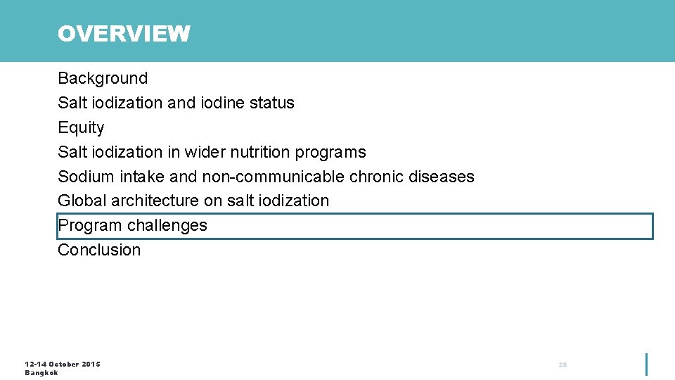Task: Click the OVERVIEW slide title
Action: tap(124, 34)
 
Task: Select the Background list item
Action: tap(103, 78)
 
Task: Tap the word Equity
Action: tap(81, 127)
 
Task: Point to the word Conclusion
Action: tap(99, 250)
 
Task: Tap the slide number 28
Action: tap(562, 365)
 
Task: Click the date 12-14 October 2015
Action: tap(63, 364)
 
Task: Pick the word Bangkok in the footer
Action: tap(41, 373)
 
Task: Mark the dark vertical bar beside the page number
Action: tap(646, 364)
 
